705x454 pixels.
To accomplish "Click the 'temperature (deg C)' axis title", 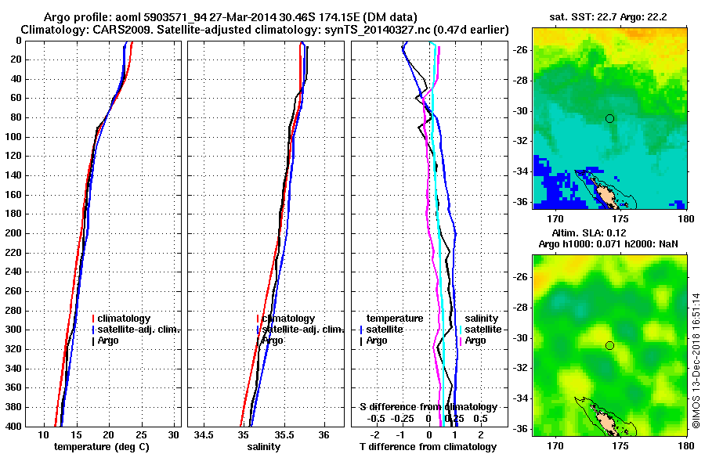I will [101, 447].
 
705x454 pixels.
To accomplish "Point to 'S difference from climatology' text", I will [428, 407].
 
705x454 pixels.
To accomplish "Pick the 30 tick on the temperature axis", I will [174, 434].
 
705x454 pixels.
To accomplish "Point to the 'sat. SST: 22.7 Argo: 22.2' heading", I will [609, 17].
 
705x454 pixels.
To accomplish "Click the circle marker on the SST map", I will [609, 118].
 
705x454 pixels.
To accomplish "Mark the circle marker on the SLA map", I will [609, 345].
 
